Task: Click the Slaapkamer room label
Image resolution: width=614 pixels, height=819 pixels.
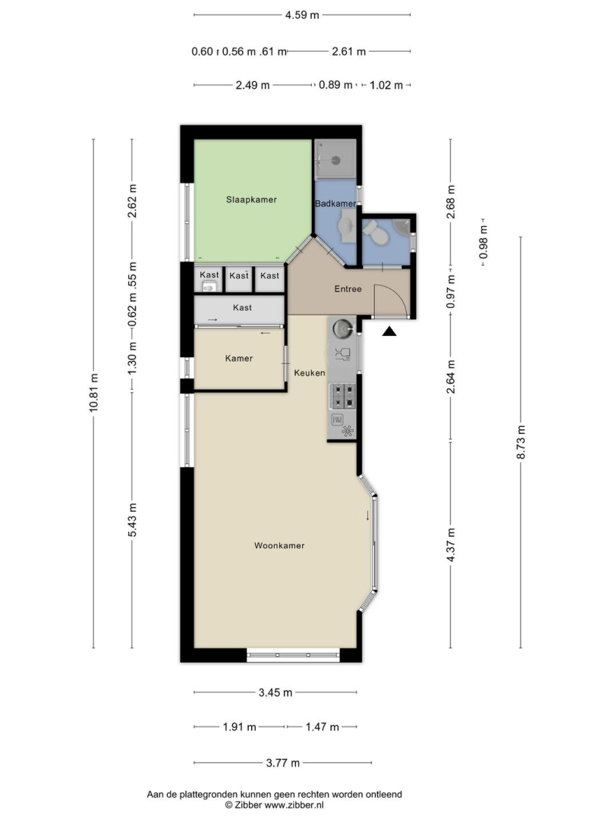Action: pos(251,199)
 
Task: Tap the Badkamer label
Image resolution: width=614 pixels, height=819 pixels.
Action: pos(335,203)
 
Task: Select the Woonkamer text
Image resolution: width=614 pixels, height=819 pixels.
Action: pos(279,545)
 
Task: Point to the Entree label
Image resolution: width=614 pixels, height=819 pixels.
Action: pos(348,289)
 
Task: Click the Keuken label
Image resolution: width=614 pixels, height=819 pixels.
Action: pos(310,373)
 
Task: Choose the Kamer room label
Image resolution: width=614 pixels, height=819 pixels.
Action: pos(239,358)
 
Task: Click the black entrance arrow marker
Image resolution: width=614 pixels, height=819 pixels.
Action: pos(389,331)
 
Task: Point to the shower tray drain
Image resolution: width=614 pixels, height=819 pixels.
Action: pos(337,161)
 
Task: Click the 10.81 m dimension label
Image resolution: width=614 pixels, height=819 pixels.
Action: pos(93,393)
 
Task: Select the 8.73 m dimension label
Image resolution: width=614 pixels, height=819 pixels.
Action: pos(521,442)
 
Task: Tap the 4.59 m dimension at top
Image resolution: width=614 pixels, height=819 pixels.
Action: pos(302,14)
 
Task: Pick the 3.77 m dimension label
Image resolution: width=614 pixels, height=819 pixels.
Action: pos(282,763)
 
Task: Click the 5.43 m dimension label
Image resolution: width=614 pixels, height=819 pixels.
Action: pos(132,519)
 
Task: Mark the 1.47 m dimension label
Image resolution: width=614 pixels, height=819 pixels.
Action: pos(323,726)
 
